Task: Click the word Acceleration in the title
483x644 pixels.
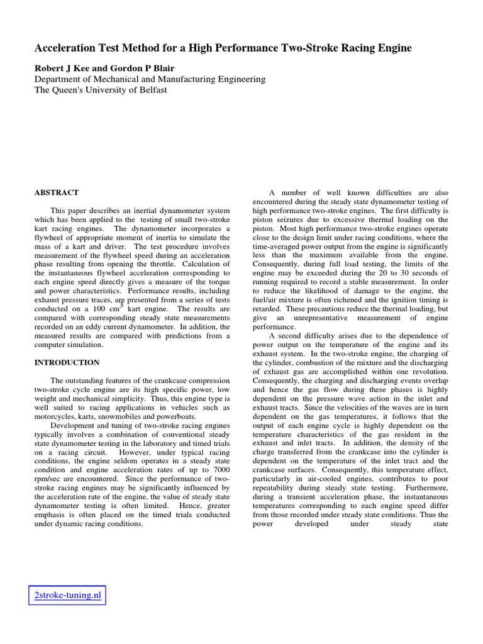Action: coord(65,48)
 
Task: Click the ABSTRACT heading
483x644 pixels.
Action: coord(56,192)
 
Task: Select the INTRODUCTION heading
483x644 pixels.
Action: coord(67,363)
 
